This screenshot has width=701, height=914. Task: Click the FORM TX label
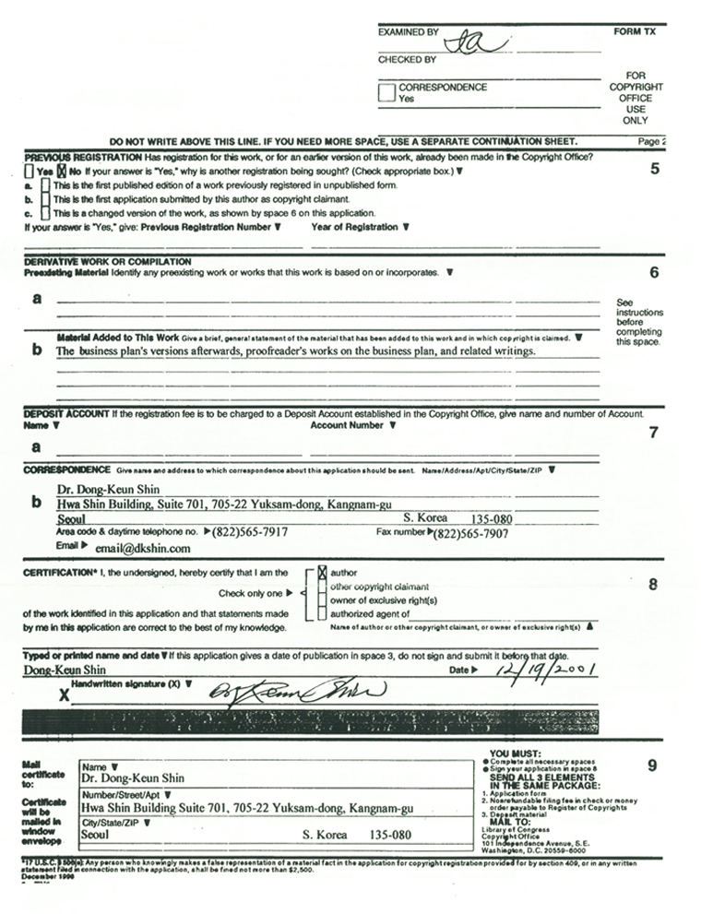[x=634, y=30]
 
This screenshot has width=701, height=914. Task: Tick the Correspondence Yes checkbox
[x=387, y=92]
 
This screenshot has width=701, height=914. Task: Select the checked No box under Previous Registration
[x=62, y=171]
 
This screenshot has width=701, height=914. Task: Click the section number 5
[x=654, y=169]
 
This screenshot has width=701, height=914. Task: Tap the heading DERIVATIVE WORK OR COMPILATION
[x=108, y=262]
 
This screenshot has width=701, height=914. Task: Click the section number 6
[x=654, y=272]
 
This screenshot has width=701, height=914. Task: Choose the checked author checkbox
[x=322, y=572]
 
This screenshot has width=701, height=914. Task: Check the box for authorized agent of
[x=322, y=611]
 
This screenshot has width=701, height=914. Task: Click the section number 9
[x=653, y=766]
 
